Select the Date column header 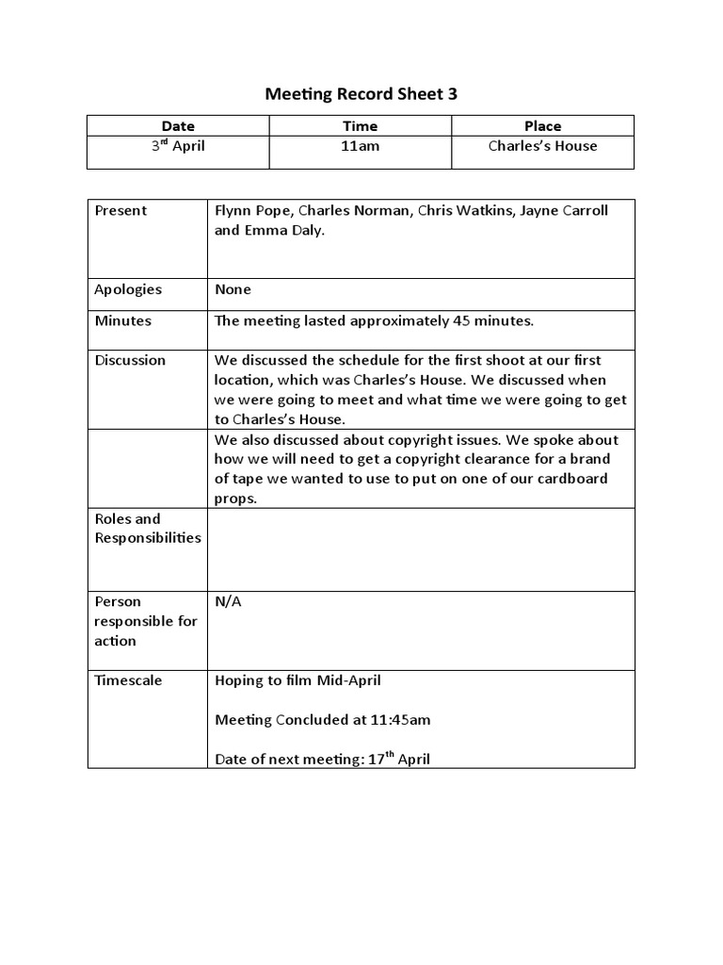(178, 125)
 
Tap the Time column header (360, 125)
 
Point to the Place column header (542, 125)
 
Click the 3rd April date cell (179, 146)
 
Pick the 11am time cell (360, 146)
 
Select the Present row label (120, 210)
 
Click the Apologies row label (128, 289)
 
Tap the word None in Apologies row (233, 289)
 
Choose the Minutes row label (123, 320)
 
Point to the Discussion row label (130, 360)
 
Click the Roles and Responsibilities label (148, 528)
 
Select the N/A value (228, 601)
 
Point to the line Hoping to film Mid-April (297, 680)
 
